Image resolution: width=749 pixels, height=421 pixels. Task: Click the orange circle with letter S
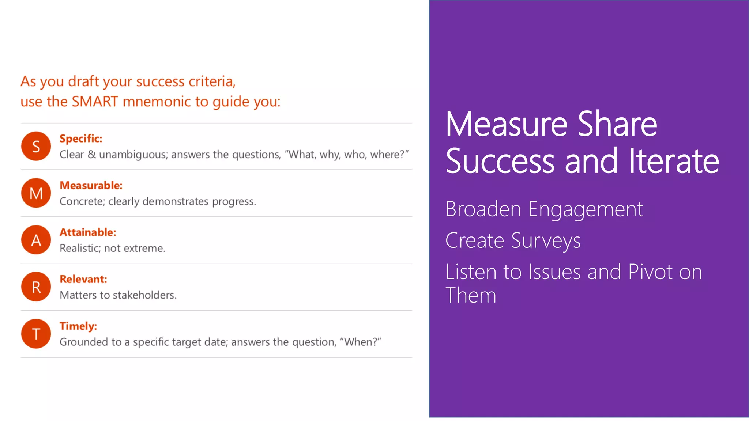coord(36,146)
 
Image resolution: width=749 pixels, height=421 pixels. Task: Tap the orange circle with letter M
coord(36,193)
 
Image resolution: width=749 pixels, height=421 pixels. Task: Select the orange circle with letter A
coord(36,240)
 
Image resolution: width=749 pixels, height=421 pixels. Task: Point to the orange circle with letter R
coord(36,287)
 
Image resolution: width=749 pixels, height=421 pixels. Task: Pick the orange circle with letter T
coord(36,333)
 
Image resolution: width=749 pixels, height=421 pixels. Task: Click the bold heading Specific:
coord(81,139)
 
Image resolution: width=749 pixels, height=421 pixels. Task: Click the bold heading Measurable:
coord(91,185)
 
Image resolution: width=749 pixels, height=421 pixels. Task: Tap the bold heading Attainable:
coord(88,232)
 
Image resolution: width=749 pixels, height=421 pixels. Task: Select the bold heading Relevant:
coord(83,279)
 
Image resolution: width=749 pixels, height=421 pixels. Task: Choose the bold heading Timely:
coord(78,326)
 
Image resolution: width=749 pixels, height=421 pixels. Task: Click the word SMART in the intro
coord(95,101)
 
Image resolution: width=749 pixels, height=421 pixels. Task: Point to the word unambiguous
coord(133,155)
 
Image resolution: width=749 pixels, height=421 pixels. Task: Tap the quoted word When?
coord(360,342)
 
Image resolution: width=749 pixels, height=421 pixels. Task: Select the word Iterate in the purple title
coord(674,161)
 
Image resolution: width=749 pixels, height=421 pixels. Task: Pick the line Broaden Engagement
coord(544,209)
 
